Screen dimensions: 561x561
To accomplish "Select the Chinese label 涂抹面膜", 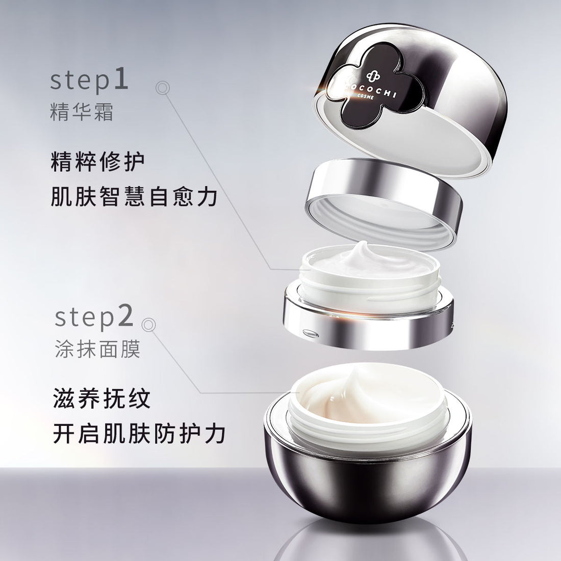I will tap(97, 350).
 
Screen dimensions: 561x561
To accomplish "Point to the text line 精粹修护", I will tap(98, 163).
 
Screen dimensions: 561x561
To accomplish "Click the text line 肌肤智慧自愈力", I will tap(134, 197).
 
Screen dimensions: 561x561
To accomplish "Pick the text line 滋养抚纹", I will tap(102, 399).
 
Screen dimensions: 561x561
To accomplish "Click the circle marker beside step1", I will tap(162, 88).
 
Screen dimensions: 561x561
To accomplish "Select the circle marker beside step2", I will tap(148, 323).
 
